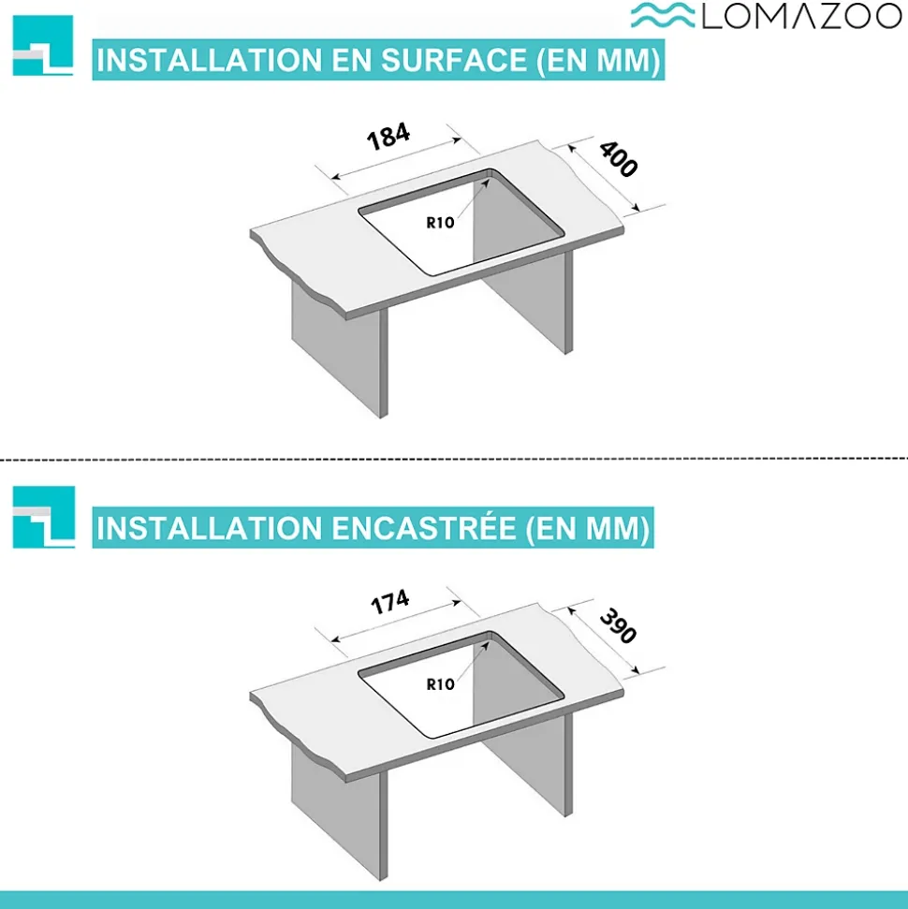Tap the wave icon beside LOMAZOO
click(663, 16)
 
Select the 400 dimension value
click(619, 159)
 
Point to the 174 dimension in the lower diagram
click(388, 601)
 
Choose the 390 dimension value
click(618, 625)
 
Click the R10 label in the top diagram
click(440, 222)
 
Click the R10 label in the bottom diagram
click(440, 683)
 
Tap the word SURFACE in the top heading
click(447, 61)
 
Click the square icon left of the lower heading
click(43, 517)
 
